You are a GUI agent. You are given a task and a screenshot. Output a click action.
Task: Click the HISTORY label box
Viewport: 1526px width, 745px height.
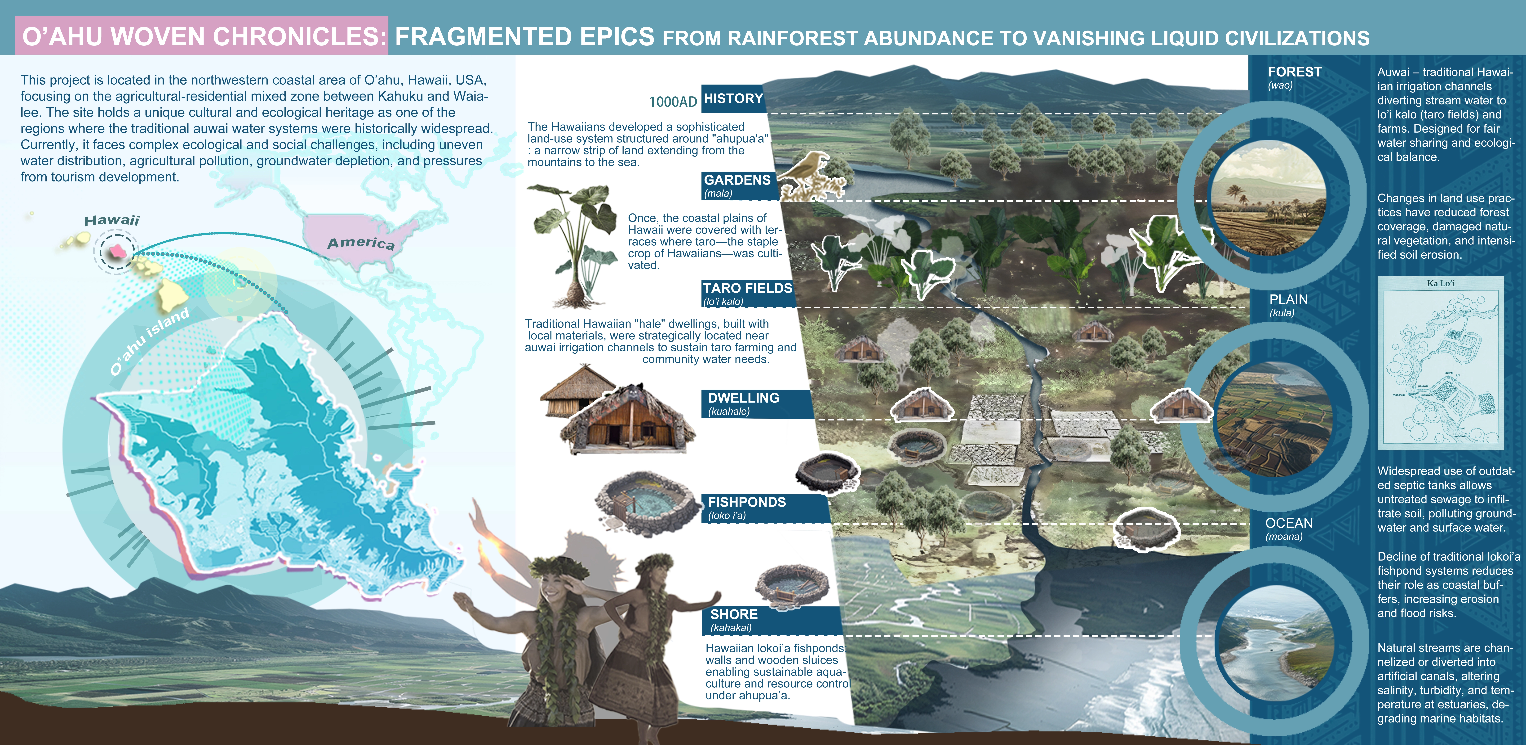click(733, 99)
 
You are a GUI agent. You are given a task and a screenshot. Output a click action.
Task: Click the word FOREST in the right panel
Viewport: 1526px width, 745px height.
click(1294, 72)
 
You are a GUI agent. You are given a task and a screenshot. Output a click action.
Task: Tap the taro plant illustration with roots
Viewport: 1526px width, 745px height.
click(573, 243)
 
